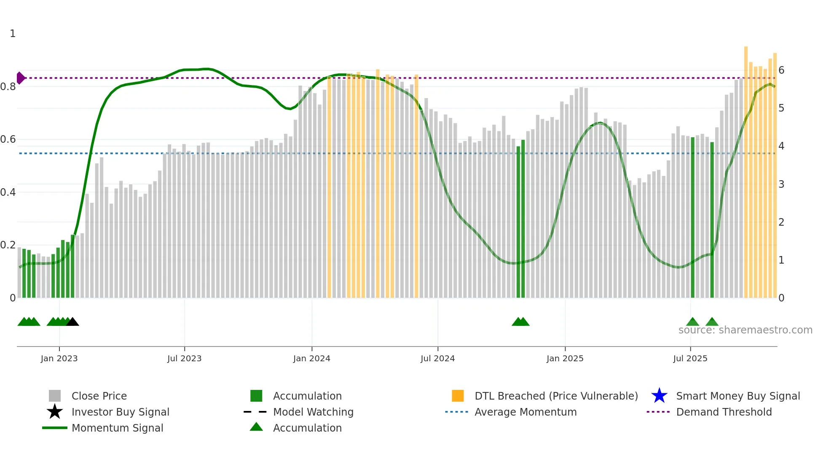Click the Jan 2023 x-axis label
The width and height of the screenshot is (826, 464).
pos(59,358)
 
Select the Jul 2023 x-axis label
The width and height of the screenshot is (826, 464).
pos(184,358)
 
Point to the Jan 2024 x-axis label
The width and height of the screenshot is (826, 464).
pos(311,358)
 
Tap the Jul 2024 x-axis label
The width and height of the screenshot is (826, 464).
pos(437,358)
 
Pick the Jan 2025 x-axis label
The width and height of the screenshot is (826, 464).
pos(565,358)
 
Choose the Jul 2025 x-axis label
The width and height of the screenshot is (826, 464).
pos(690,358)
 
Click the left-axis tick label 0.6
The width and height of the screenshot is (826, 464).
pos(8,139)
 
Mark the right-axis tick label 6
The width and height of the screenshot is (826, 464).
pos(781,70)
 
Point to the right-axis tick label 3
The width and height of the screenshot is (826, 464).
pos(781,184)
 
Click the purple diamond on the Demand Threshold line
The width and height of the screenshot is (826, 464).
pos(20,78)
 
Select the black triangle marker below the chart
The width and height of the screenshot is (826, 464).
pos(72,322)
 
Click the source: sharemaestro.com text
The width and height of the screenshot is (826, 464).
pos(745,330)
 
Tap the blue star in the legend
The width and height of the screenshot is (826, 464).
pos(659,396)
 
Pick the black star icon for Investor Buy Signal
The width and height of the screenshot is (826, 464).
pos(55,412)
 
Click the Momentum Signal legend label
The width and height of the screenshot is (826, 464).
pos(117,428)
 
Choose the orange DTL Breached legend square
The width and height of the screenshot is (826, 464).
pos(458,396)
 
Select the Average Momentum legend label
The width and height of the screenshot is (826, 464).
pos(526,412)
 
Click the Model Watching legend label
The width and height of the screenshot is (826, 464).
pos(313,412)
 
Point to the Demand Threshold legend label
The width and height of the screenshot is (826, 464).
pos(724,412)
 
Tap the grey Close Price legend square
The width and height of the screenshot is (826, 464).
pos(55,396)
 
